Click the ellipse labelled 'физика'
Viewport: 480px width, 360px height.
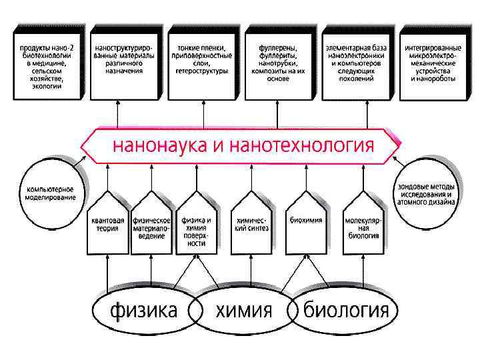click(143, 310)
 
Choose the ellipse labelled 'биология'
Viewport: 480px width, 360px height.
click(345, 310)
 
